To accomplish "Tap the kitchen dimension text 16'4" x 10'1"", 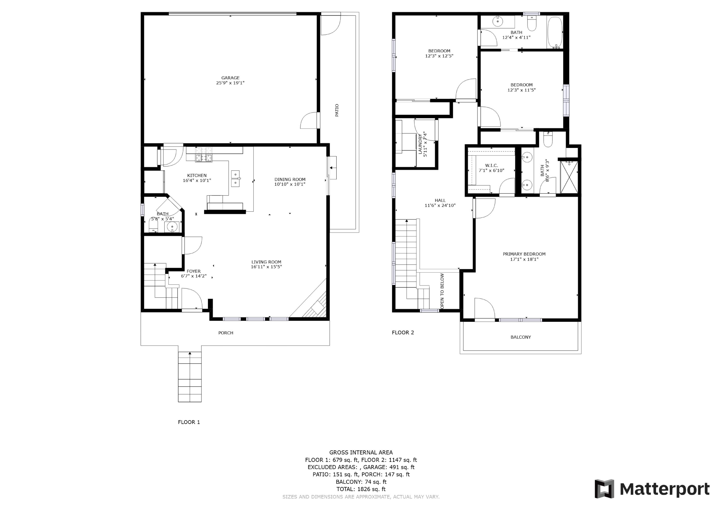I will coord(197,180).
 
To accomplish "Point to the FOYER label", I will coord(193,271).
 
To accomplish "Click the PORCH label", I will coord(226,333).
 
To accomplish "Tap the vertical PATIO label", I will coord(337,110).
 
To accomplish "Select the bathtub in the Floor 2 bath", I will coord(555,32).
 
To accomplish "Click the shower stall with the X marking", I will coord(569,177).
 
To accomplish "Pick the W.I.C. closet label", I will coord(491,166).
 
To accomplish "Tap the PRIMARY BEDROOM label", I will coord(524,254).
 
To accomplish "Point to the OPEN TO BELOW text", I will coord(442,291).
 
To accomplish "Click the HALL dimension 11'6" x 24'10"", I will coord(440,205).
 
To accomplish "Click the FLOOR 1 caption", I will coord(189,422).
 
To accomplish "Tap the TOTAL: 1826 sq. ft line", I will coord(361,489).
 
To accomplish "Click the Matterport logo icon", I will coord(604,489).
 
